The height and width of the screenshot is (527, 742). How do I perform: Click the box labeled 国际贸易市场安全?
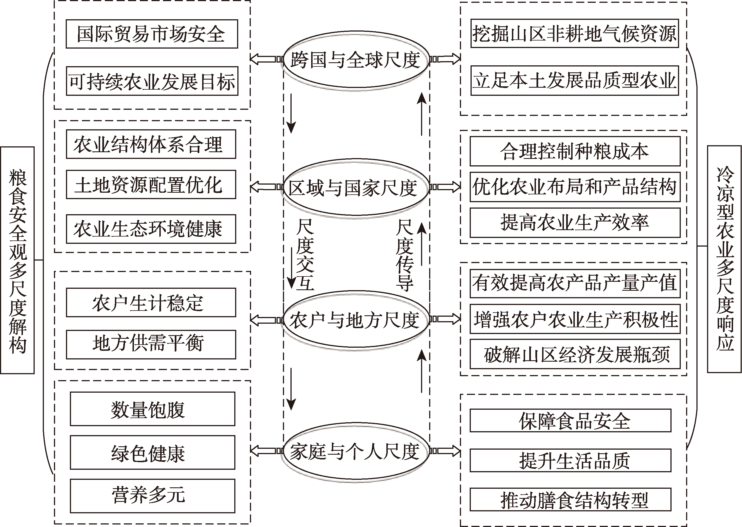click(152, 34)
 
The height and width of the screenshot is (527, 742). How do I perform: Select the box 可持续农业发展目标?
click(152, 81)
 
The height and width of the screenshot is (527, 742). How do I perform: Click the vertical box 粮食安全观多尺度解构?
click(17, 260)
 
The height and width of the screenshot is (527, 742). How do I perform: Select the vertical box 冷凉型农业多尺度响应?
click(725, 259)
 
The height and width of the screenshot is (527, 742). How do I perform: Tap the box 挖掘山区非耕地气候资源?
click(574, 34)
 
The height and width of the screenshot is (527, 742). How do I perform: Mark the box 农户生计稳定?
click(151, 302)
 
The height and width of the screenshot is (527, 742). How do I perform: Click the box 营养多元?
click(152, 495)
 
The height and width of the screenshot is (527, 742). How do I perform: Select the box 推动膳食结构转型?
click(570, 499)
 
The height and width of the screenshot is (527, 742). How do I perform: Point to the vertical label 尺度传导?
click(405, 255)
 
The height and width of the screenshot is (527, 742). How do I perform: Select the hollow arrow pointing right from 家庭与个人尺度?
click(445, 451)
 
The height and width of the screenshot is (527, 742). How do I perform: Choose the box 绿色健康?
click(152, 452)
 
